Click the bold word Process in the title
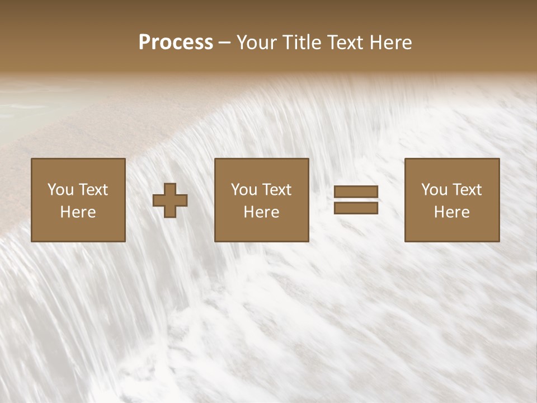pyautogui.click(x=176, y=43)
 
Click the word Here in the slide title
pyautogui.click(x=392, y=43)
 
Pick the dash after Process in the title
pyautogui.click(x=225, y=43)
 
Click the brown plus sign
pyautogui.click(x=170, y=200)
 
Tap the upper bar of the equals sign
pyautogui.click(x=356, y=191)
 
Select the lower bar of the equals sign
pyautogui.click(x=356, y=208)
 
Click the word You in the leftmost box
pyautogui.click(x=60, y=190)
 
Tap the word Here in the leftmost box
pyautogui.click(x=78, y=212)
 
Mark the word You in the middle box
pyautogui.click(x=244, y=190)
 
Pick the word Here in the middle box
pyautogui.click(x=262, y=212)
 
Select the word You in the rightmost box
pyautogui.click(x=434, y=190)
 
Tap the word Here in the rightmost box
pyautogui.click(x=452, y=212)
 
